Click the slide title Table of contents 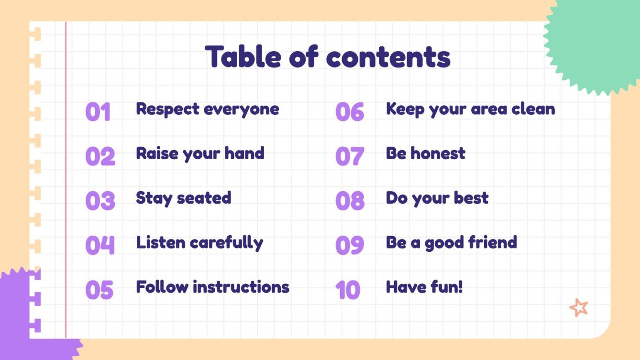point(328,56)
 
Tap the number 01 point(98,112)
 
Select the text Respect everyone point(207,109)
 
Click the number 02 point(100,156)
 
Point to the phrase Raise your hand point(200,153)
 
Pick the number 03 point(100,201)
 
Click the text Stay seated point(183,198)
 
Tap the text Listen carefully point(199,243)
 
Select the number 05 point(99,290)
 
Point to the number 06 point(350,112)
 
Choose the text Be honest point(425,153)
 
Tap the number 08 point(350,201)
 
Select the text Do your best point(437,198)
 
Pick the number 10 point(348,290)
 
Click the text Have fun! point(424,287)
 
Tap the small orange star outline point(579,307)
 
